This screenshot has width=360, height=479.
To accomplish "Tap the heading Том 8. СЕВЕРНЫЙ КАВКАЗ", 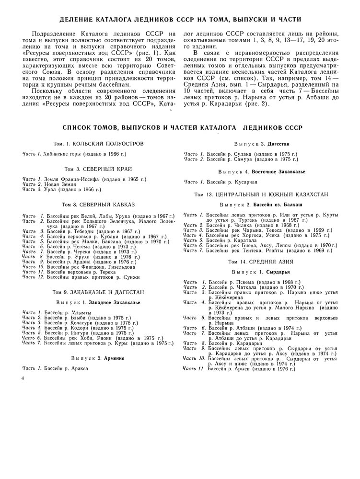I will (x=98, y=204).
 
